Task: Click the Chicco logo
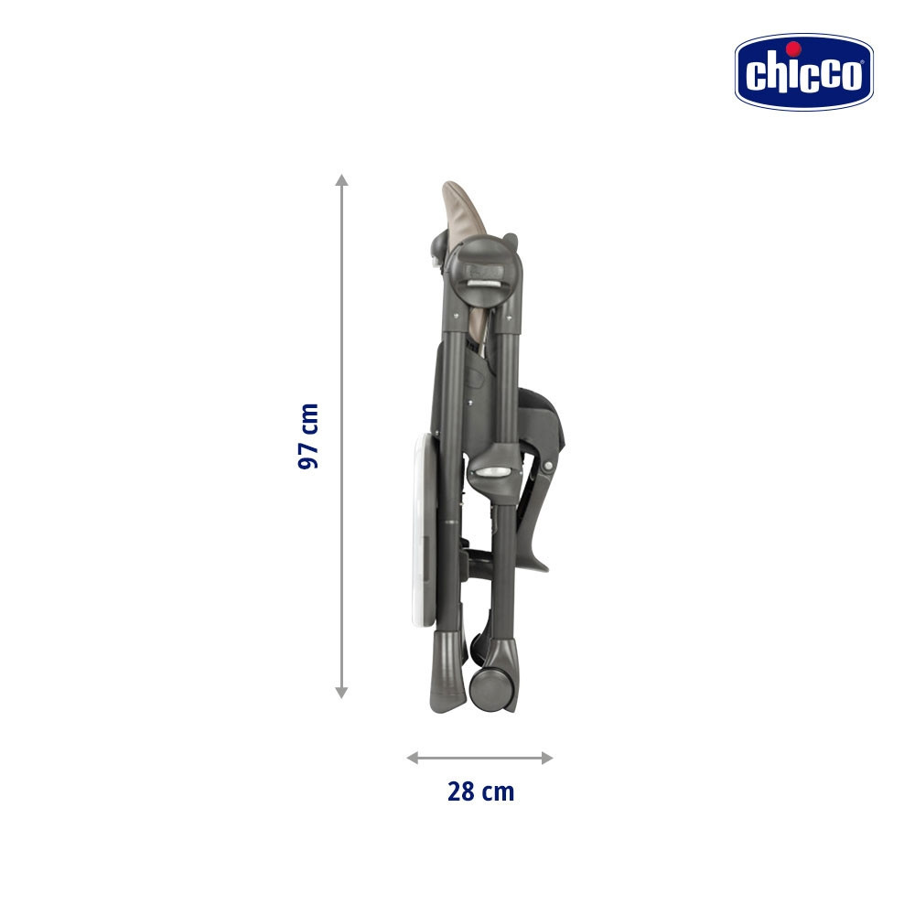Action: coord(803,71)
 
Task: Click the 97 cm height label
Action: coord(308,436)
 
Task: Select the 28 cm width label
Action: coord(481,791)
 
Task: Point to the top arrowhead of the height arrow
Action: coord(342,179)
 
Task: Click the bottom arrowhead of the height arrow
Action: coord(342,692)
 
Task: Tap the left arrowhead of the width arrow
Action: coord(413,758)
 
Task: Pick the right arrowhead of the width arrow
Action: coord(547,758)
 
